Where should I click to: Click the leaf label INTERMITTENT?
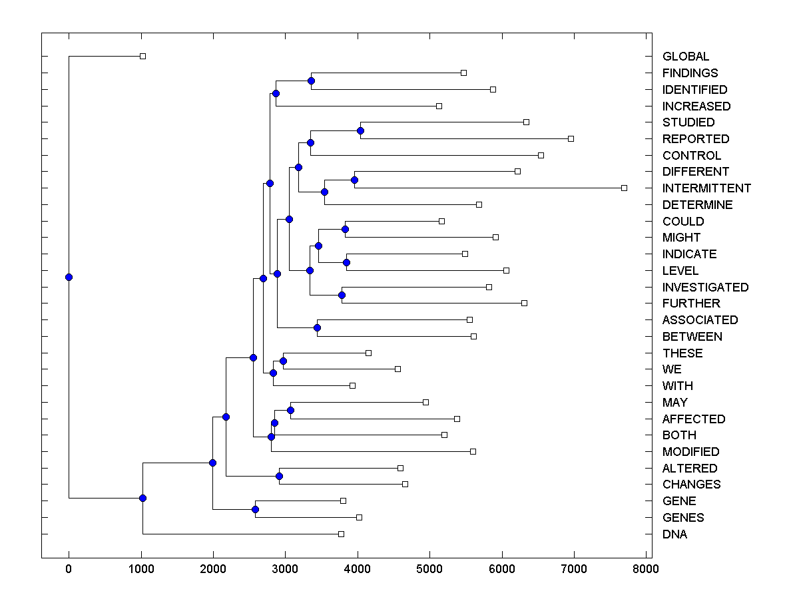706,188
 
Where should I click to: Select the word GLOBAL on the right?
686,57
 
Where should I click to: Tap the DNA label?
674,534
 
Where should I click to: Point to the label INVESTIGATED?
705,288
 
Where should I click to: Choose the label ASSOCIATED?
700,320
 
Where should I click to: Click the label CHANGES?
691,485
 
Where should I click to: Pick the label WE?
672,369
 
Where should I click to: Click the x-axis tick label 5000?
429,569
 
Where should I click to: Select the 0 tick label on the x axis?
69,569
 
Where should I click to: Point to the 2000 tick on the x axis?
213,569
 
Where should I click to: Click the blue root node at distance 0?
69,277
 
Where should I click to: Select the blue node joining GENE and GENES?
255,509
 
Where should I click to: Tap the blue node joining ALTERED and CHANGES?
280,476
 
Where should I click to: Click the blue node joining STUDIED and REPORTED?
360,130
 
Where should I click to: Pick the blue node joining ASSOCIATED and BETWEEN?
318,327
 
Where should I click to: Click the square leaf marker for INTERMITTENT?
624,188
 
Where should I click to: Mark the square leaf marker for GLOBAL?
142,57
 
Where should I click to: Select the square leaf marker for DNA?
341,534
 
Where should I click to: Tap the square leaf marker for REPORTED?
571,138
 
